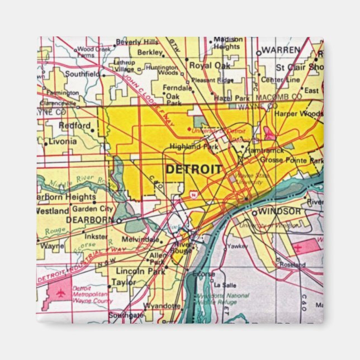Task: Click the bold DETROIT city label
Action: (193, 169)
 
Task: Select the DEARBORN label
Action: (89, 220)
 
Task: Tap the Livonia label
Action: (63, 141)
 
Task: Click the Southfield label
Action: (82, 73)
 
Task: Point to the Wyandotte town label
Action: (162, 306)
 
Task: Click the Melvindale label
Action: (145, 239)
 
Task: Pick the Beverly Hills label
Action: (137, 42)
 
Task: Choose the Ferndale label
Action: (177, 88)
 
